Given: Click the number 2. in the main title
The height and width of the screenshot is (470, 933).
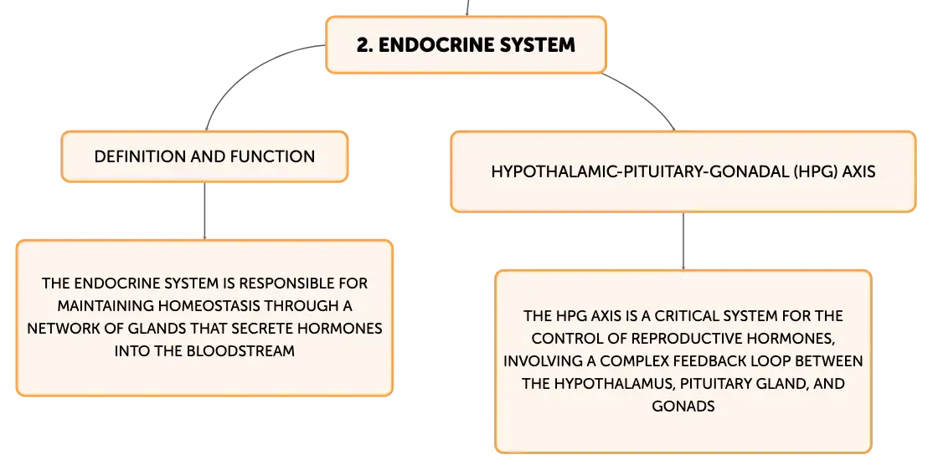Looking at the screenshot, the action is [365, 45].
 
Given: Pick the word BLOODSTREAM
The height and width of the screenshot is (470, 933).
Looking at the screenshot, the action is [240, 351].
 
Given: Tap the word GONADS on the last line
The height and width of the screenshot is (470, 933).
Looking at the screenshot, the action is [683, 406].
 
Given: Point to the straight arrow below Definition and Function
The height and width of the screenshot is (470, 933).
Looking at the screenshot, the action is [204, 211].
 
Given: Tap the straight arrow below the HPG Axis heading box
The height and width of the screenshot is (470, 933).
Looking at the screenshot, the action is [683, 241].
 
